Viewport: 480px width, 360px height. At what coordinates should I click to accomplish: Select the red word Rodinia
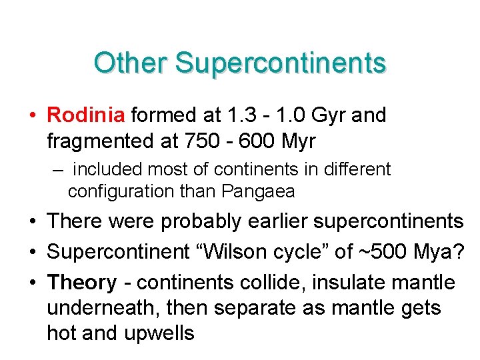coord(86,115)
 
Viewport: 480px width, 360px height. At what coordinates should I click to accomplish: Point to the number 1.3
coord(233,115)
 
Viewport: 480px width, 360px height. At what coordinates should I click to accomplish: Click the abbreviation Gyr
coord(324,116)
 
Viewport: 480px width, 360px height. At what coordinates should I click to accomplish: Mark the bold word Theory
coord(81,282)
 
